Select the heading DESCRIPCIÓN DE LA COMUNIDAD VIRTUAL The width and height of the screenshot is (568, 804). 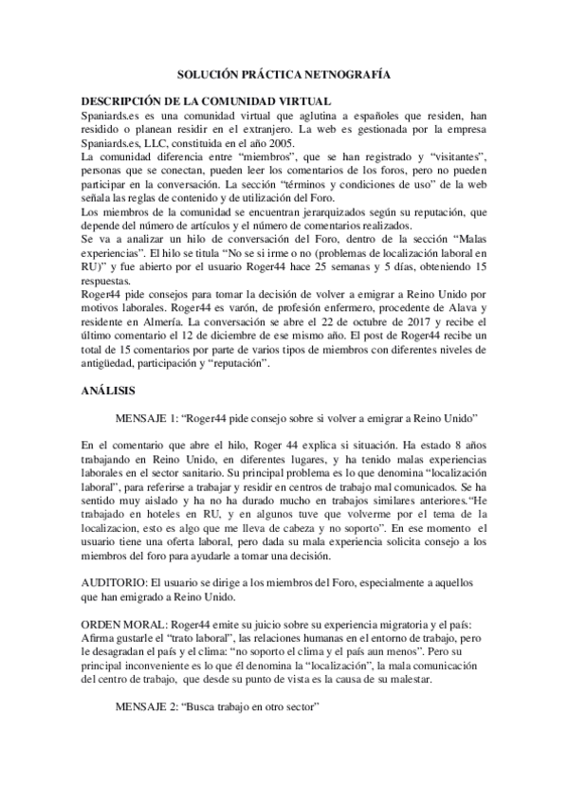[x=205, y=100]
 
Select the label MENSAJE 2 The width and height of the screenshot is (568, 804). [x=149, y=707]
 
